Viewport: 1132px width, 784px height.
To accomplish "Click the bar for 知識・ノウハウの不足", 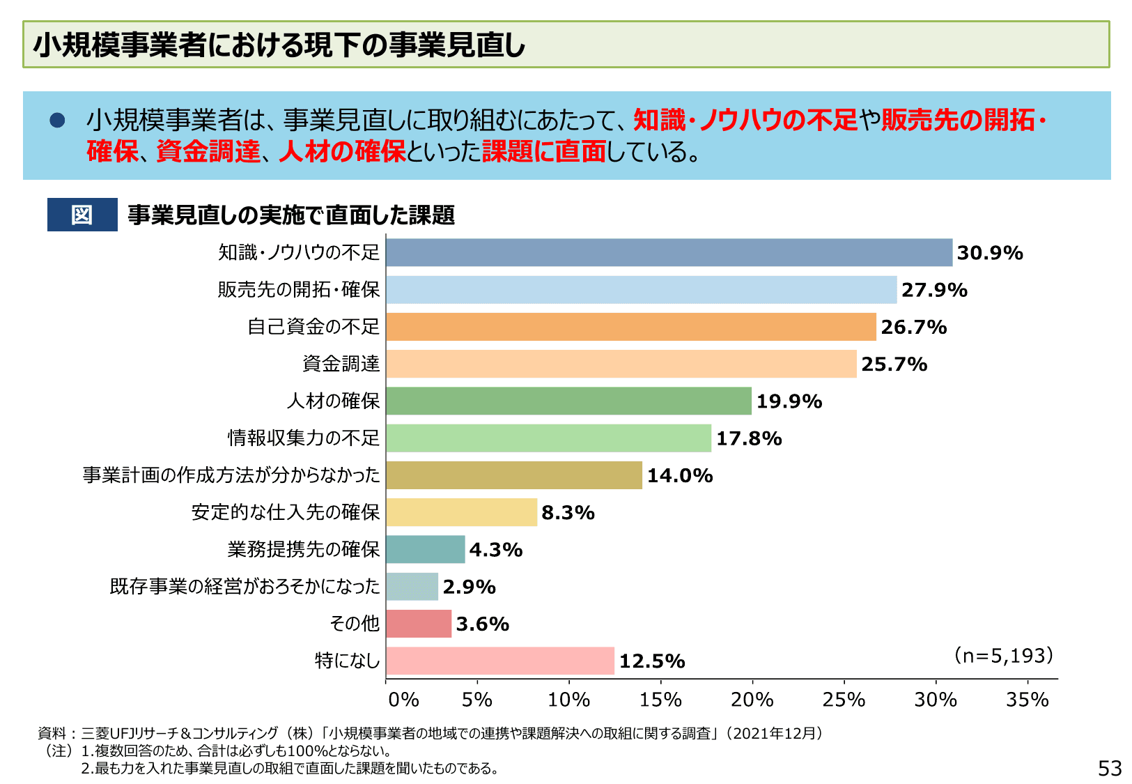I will [x=669, y=252].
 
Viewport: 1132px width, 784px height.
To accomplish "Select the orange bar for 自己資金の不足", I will [x=630, y=327].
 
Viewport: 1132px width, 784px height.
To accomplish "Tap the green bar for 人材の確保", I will [x=568, y=401].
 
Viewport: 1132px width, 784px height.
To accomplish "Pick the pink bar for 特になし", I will [x=500, y=661].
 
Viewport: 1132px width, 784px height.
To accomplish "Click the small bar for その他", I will [x=419, y=624].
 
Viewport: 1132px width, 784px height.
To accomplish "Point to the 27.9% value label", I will [x=934, y=290].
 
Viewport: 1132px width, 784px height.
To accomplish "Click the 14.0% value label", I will [x=680, y=475].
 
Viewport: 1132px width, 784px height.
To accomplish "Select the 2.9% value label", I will [x=469, y=587].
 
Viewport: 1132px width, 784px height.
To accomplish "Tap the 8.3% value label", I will [x=568, y=513].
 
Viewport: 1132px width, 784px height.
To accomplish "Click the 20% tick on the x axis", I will [x=752, y=699].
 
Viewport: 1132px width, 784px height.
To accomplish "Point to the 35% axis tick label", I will [x=1027, y=699].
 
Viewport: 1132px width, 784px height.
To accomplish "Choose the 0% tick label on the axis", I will [x=403, y=699].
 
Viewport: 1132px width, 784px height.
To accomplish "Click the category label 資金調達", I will [x=341, y=364].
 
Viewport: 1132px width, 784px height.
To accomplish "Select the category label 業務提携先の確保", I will [x=304, y=549].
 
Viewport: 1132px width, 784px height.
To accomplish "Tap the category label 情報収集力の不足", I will [x=304, y=438].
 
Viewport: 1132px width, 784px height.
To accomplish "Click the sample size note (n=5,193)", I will [x=1003, y=655].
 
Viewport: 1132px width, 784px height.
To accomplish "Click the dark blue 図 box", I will [x=82, y=215].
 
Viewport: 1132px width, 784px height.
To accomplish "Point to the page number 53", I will [x=1110, y=768].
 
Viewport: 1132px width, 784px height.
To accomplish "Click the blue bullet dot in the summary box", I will [x=57, y=121].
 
